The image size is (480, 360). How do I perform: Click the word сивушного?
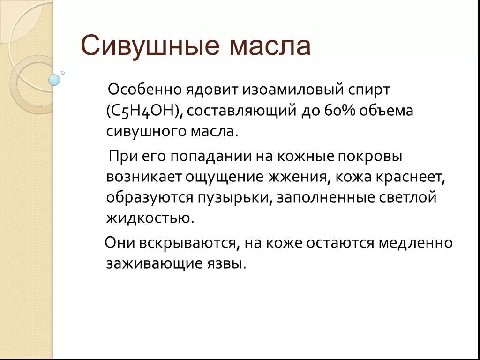145,132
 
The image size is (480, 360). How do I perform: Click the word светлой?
407,197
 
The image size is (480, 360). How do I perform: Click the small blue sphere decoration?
54,80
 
